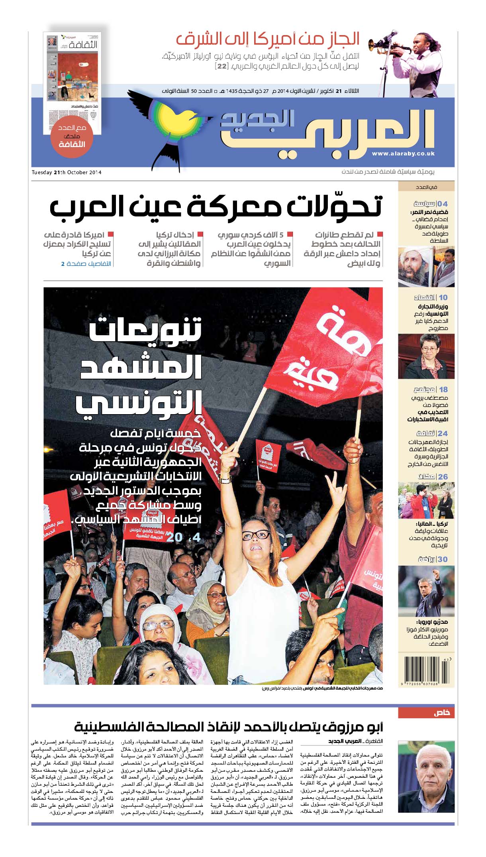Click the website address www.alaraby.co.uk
403,153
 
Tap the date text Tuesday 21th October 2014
67,173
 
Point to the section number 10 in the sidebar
443,297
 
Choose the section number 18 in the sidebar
443,389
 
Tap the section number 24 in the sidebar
443,433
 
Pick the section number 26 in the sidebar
443,477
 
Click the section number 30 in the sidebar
443,559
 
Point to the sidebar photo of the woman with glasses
426,356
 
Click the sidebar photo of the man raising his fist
426,591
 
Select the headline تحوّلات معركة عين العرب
216,206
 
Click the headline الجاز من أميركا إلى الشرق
268,40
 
